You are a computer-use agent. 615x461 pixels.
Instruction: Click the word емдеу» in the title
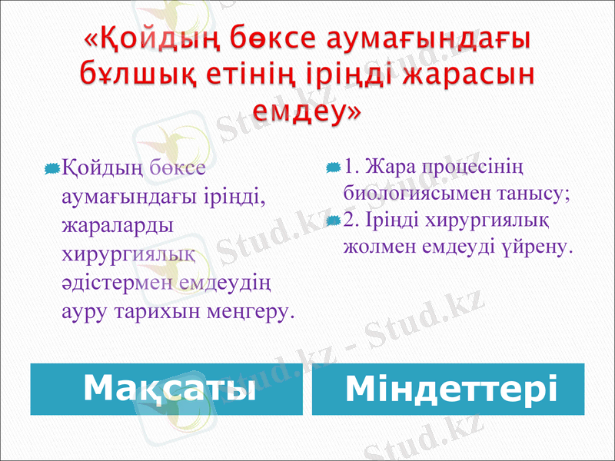(308, 111)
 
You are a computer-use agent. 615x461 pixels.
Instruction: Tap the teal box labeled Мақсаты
(167, 389)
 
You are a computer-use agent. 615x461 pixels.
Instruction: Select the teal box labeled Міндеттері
(448, 389)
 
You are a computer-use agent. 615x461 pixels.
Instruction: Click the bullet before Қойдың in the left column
(52, 167)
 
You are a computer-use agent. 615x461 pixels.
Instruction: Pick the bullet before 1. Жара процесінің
(333, 167)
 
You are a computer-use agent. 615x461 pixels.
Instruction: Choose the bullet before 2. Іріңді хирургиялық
(333, 221)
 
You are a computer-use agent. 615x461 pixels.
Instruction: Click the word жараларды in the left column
(117, 226)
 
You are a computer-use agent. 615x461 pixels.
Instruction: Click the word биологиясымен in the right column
(419, 194)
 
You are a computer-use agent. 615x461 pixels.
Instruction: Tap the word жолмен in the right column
(381, 248)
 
